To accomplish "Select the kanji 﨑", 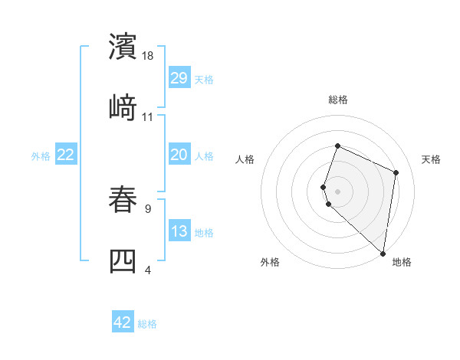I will (x=123, y=107).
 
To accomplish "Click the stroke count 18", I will (x=149, y=56).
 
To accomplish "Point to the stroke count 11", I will (x=148, y=117).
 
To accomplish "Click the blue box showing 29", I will (x=179, y=77).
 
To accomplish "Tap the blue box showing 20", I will (x=179, y=155).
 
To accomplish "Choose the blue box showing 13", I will (x=179, y=231).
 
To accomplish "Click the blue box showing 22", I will (x=66, y=155).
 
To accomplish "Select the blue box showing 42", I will (x=123, y=322).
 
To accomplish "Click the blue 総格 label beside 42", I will (x=147, y=324).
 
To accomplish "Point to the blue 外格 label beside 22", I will (x=41, y=156).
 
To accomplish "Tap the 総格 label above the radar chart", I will (x=337, y=100).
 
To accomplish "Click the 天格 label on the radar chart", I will (x=431, y=159).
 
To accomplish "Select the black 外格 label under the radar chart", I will (x=270, y=262).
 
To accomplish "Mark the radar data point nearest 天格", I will (x=396, y=172).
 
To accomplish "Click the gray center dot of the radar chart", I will (x=337, y=191).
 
